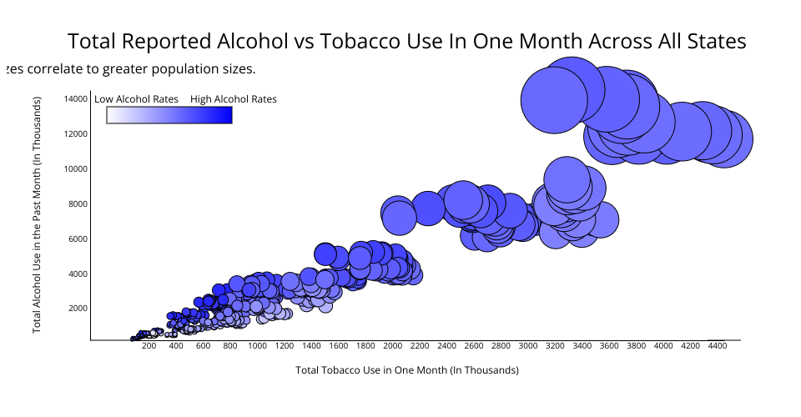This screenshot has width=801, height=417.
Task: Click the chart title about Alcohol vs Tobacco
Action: pos(406,42)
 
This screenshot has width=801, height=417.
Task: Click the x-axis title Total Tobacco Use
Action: pos(406,369)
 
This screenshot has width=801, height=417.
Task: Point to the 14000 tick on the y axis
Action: pos(75,98)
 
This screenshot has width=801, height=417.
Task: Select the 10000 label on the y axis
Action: pos(75,168)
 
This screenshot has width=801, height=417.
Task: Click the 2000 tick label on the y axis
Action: pos(78,309)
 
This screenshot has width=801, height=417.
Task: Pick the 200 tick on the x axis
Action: pos(149,344)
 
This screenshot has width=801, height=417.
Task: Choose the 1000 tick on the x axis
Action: pos(257,344)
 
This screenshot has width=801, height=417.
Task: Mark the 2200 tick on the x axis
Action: pos(420,344)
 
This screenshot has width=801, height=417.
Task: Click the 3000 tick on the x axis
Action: pos(528,344)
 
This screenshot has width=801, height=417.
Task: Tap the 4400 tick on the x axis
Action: pos(718,344)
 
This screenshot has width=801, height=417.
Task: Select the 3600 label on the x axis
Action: pos(609,344)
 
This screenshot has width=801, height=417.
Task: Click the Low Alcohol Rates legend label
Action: pos(136,99)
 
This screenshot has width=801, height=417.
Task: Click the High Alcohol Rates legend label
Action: pos(233,99)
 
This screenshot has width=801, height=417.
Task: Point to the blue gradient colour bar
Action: pos(169,115)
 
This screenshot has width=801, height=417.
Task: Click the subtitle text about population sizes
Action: pos(129,69)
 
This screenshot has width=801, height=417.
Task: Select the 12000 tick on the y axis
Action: pos(75,133)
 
